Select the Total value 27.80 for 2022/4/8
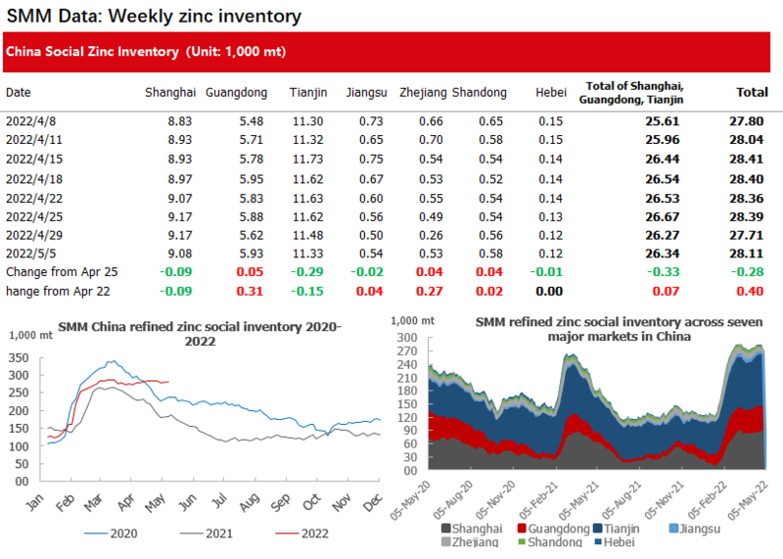751,120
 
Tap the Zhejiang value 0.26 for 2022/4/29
432,236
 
